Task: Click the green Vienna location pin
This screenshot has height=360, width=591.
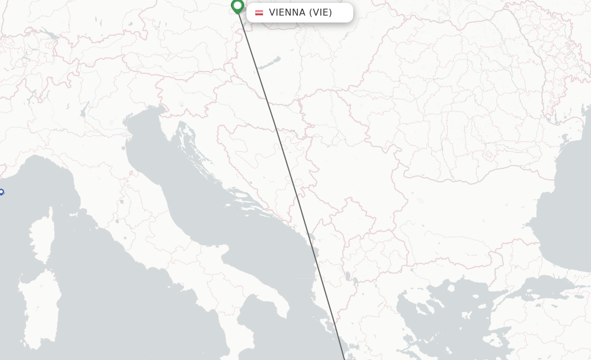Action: pos(237,6)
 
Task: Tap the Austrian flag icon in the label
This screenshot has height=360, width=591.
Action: pos(259,13)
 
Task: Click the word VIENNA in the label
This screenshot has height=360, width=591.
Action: pos(287,13)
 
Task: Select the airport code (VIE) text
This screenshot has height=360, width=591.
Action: pos(320,13)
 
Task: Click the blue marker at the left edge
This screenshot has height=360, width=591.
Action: pos(1,193)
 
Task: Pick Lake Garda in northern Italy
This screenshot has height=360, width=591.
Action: pos(85,109)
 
